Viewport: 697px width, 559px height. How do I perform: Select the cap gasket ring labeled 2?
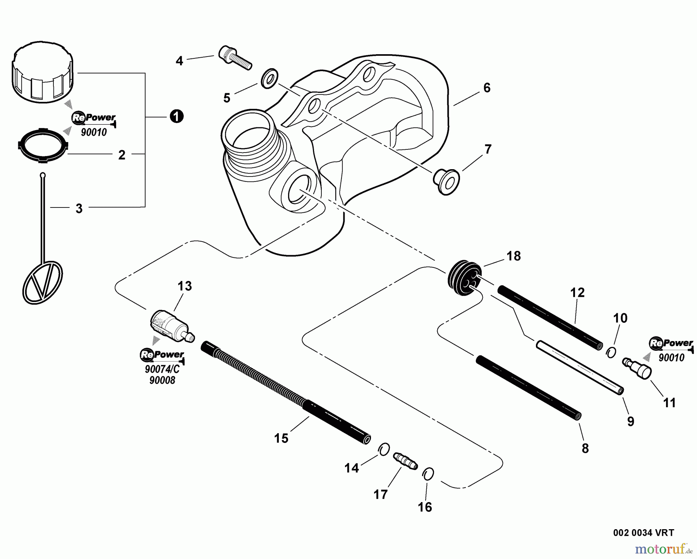pos(43,144)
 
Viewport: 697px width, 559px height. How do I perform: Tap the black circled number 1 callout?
pos(177,116)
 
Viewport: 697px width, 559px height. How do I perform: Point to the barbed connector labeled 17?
pos(405,461)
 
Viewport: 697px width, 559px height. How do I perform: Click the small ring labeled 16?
pos(428,473)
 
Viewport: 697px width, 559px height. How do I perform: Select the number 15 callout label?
pos(281,438)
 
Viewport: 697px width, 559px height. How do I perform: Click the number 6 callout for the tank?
pos(487,88)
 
